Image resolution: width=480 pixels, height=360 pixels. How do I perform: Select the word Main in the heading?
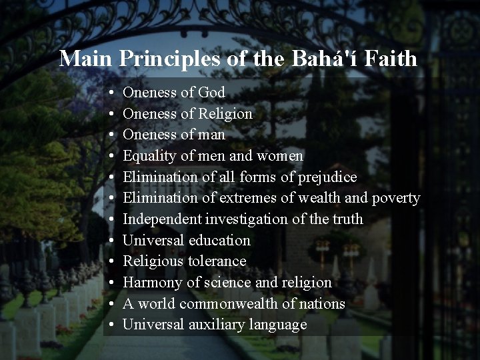pos(87,59)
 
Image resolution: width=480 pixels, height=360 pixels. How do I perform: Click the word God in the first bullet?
pos(211,93)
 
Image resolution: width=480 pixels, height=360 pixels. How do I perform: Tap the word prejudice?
pos(327,177)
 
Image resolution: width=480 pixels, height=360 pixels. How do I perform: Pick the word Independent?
pos(162,219)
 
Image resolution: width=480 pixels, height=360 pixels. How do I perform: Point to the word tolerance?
pos(217,261)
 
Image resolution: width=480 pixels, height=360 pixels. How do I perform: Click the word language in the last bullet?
pos(277,325)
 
